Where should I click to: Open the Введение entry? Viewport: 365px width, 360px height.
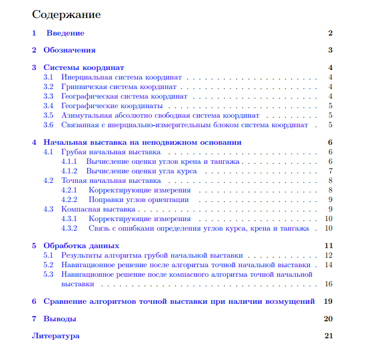pyautogui.click(x=65, y=33)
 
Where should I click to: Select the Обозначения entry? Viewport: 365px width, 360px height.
pyautogui.click(x=69, y=50)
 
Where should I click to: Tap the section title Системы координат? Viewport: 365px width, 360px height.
pyautogui.click(x=83, y=67)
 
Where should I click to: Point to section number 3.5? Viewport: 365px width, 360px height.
pyautogui.click(x=48, y=115)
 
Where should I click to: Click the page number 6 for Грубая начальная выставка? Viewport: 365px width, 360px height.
pyautogui.click(x=330, y=152)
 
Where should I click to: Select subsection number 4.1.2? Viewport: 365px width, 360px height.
pyautogui.click(x=69, y=171)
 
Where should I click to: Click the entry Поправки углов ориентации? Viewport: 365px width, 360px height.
pyautogui.click(x=138, y=200)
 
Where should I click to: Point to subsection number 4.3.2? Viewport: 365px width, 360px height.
pyautogui.click(x=69, y=229)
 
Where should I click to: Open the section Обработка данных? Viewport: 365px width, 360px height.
pyautogui.click(x=81, y=246)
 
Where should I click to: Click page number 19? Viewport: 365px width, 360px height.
pyautogui.click(x=328, y=301)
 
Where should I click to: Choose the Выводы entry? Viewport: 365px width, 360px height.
pyautogui.click(x=60, y=319)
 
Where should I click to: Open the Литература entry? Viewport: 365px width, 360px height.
pyautogui.click(x=56, y=336)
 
